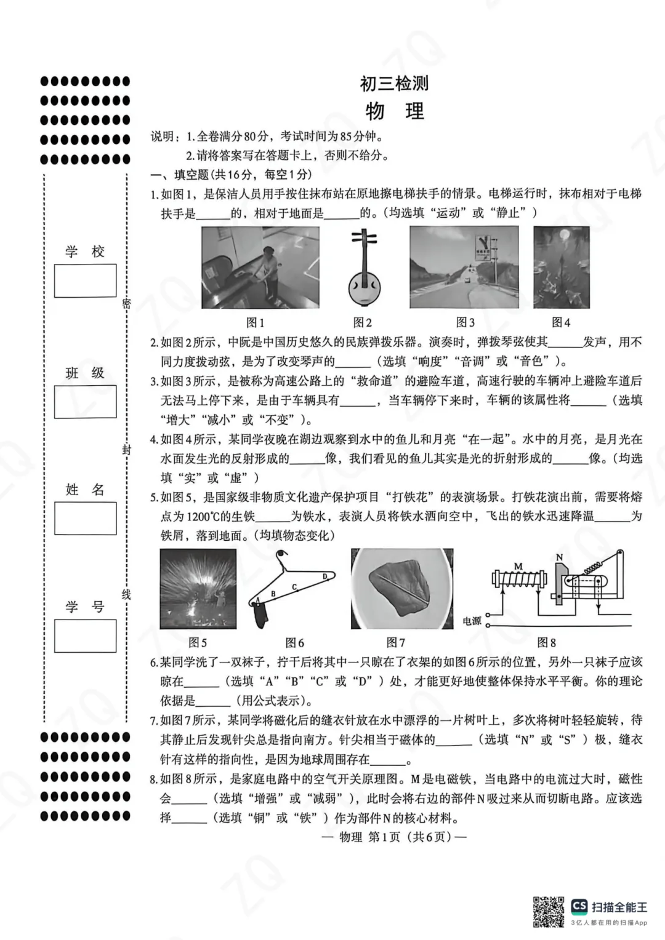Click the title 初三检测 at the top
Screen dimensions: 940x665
(x=394, y=83)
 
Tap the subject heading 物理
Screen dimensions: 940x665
(x=395, y=111)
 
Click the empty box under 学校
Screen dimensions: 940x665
(x=85, y=281)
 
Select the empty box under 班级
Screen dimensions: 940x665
(x=85, y=402)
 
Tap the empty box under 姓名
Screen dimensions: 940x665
(x=85, y=519)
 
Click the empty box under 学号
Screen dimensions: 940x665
(x=85, y=635)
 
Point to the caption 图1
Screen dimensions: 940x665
(x=255, y=322)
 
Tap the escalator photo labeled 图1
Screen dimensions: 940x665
(x=260, y=268)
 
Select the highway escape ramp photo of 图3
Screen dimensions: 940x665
(x=464, y=267)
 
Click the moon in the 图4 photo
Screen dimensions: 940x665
(x=565, y=235)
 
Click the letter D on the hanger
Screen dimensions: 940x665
(x=324, y=576)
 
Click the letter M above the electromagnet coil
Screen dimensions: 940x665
(x=518, y=566)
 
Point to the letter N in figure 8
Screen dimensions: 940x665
(x=559, y=558)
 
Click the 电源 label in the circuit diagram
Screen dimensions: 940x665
(x=472, y=621)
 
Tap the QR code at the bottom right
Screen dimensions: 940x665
(x=548, y=912)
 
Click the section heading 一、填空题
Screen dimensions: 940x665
(x=231, y=175)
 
